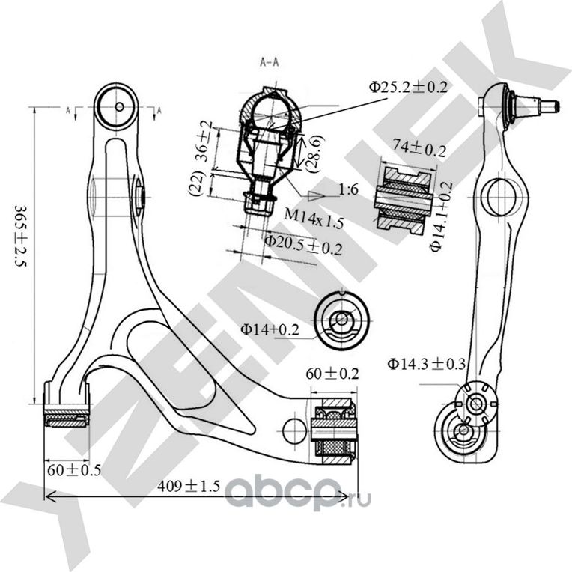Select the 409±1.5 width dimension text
point(189,487)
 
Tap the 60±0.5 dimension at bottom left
point(73,470)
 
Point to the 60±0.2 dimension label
point(332,373)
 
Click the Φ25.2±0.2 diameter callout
point(408,87)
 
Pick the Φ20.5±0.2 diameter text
point(302,243)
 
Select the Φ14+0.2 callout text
point(270,328)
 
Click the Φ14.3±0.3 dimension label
point(426,365)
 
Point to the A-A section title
point(270,62)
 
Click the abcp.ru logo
point(298,494)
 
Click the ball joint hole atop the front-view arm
point(119,107)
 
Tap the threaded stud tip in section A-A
point(258,204)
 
